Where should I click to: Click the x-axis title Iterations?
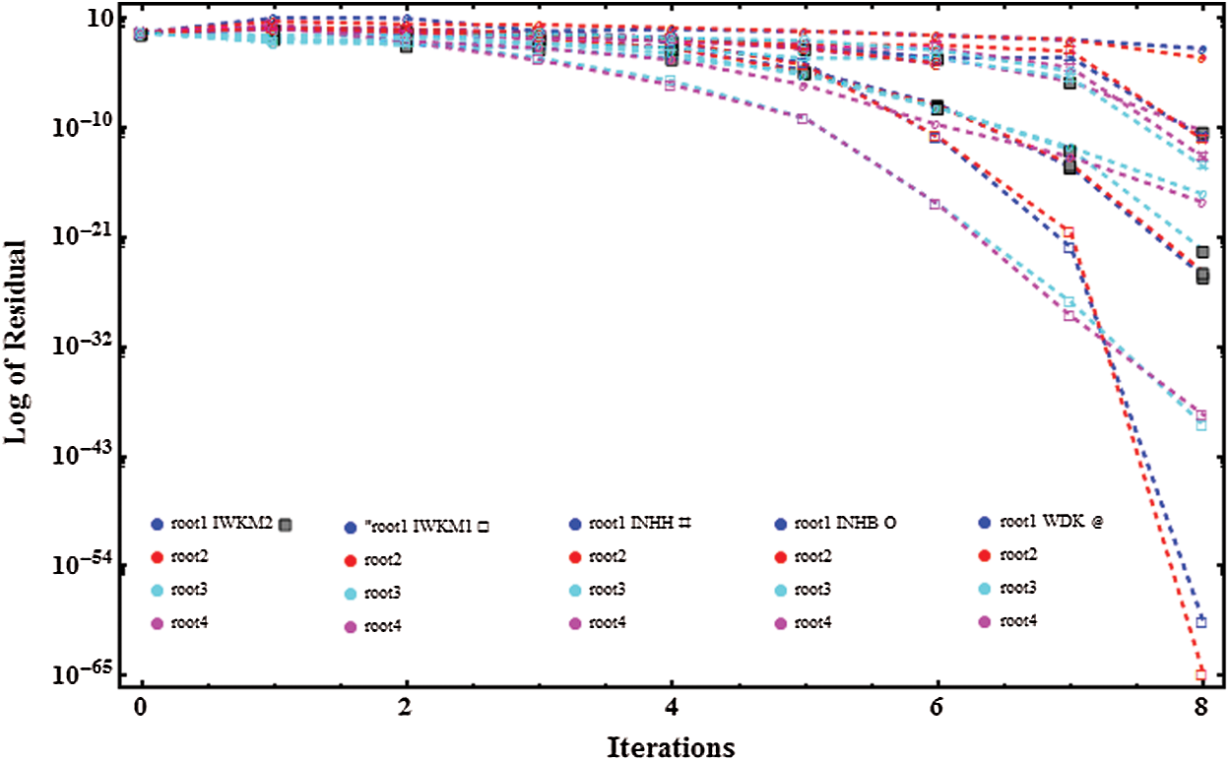670,746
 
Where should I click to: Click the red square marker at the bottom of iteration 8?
1200,674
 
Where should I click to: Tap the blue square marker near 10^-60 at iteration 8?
1200,622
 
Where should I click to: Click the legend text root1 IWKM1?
419,527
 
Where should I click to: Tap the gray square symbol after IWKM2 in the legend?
286,525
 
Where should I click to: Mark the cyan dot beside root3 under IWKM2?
156,590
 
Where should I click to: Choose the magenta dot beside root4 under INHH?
574,623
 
